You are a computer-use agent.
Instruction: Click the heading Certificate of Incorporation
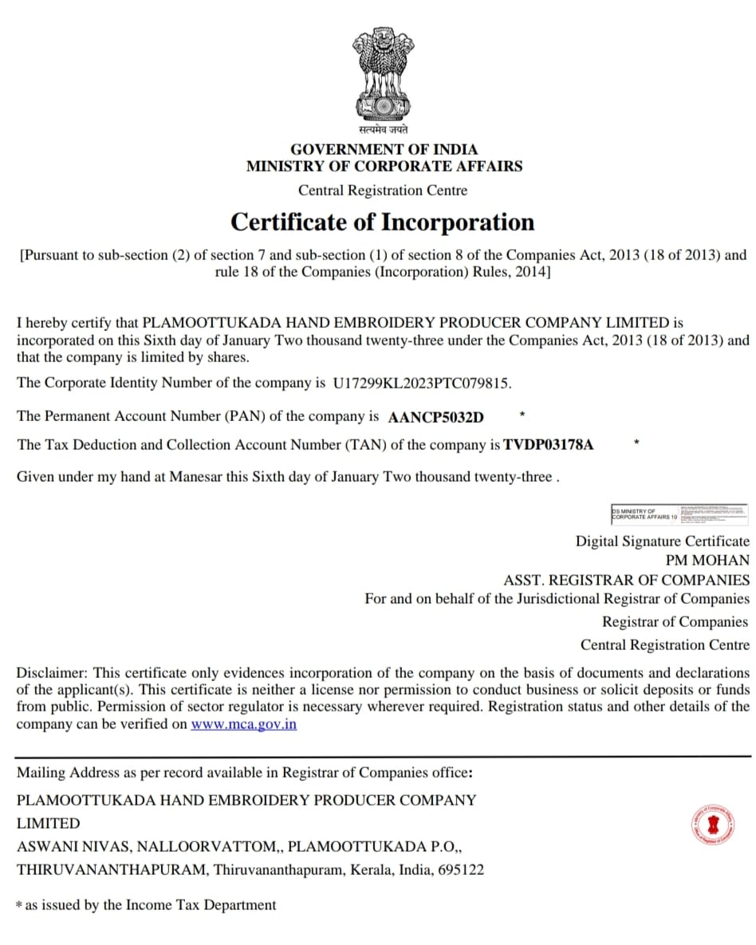382,222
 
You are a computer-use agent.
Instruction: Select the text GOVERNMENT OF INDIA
384,149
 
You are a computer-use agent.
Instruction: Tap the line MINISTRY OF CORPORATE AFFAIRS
384,167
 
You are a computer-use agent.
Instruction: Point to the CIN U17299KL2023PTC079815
421,383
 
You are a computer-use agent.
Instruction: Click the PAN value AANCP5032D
435,417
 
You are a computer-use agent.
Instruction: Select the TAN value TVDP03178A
549,445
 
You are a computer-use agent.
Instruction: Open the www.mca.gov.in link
243,725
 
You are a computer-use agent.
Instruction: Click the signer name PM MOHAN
707,561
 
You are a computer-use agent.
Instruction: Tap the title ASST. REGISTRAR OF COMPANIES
626,581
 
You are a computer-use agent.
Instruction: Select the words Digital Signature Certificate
662,541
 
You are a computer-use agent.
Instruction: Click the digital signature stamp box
679,514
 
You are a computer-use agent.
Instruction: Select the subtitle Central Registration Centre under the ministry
383,191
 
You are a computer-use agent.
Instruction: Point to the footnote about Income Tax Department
147,905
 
